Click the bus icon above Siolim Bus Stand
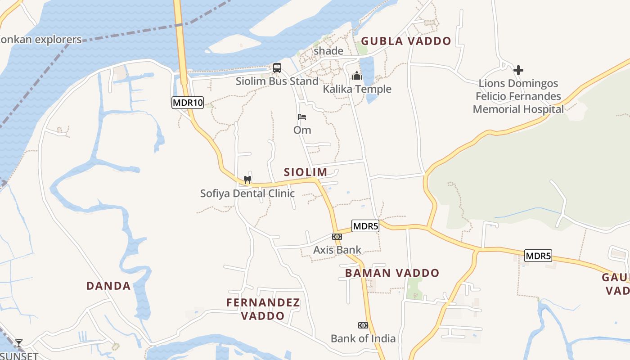click(277, 68)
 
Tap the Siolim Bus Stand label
click(277, 81)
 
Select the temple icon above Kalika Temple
click(357, 76)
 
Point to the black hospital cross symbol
click(518, 70)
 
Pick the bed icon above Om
click(302, 117)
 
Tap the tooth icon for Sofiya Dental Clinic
click(247, 180)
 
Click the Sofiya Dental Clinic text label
click(247, 193)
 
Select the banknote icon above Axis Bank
click(337, 237)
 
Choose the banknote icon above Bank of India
click(363, 325)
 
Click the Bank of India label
click(363, 338)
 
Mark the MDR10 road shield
click(188, 103)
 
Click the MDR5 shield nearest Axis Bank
click(365, 226)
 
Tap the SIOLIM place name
click(306, 172)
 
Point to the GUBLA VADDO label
click(406, 41)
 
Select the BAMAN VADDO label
click(392, 273)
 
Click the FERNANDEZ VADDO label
click(263, 309)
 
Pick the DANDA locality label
click(108, 286)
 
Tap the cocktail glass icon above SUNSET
click(18, 344)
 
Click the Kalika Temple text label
click(357, 89)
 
